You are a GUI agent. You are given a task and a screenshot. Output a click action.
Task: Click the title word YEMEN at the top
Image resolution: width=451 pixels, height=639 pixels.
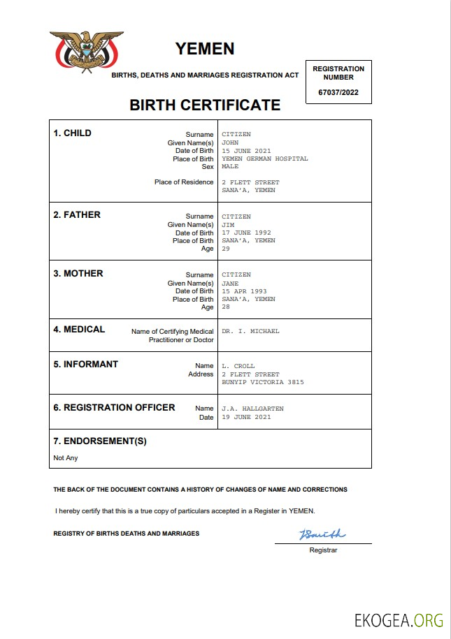pos(205,49)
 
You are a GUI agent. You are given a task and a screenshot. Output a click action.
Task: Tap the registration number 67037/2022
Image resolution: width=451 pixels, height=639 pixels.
pos(338,92)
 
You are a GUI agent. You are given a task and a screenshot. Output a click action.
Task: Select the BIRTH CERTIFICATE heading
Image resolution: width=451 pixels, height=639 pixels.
pos(205,105)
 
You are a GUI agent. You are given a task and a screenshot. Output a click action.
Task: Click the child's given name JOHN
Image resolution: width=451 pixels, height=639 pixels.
pos(230,142)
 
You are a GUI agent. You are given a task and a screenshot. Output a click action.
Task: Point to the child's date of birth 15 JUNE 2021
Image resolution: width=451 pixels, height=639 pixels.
pos(247,151)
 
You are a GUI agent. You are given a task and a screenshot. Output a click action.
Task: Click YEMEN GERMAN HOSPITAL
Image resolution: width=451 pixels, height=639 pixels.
pos(264,159)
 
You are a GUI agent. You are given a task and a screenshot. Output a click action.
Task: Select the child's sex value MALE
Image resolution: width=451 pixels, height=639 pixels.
pos(230,167)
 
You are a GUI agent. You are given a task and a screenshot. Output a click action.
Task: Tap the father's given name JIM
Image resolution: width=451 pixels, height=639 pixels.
pos(228,225)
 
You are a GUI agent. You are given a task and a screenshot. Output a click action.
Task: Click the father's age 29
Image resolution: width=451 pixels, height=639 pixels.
pos(226,249)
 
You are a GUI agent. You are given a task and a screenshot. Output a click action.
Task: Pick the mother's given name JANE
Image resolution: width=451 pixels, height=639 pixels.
pos(230,284)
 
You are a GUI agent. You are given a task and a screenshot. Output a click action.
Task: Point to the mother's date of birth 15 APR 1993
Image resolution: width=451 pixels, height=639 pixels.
pos(244,291)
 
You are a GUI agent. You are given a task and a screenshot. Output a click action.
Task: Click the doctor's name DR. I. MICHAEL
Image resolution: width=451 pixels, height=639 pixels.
pos(250,331)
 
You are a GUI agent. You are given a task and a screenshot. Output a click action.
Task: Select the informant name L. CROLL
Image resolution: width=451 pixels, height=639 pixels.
pos(238,366)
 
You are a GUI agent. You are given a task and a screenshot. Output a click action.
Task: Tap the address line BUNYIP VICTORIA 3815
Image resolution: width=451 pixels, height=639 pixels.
pos(262,382)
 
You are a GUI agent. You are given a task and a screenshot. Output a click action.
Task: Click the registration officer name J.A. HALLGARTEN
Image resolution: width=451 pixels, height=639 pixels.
pos(252,409)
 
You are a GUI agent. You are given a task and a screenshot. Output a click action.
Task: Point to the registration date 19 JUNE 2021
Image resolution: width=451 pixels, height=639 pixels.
pos(246,417)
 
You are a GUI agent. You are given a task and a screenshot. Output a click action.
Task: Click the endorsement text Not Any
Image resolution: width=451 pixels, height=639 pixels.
pos(66,458)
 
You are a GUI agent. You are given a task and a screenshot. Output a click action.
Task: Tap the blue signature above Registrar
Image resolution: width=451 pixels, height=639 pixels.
pos(322,535)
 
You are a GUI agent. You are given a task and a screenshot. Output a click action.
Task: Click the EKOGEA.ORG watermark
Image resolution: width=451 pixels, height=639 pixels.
pos(399,619)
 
